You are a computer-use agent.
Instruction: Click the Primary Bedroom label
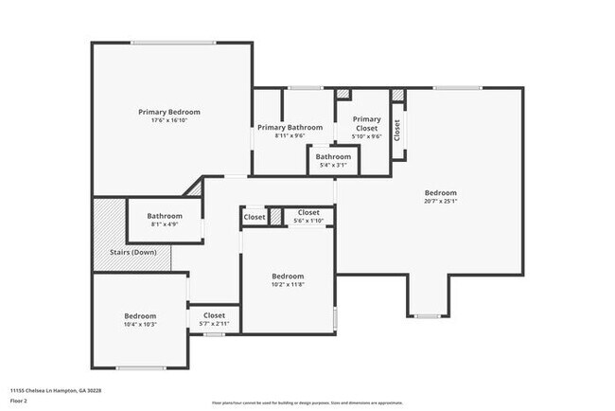169,112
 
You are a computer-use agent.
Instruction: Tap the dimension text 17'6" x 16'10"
169,120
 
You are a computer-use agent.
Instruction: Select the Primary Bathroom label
290,127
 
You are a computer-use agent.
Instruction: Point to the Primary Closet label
367,123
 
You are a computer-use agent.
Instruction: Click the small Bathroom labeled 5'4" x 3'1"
333,156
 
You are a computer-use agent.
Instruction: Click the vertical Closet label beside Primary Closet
397,130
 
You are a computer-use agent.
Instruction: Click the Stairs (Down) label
132,252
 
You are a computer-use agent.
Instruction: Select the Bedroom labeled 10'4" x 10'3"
140,315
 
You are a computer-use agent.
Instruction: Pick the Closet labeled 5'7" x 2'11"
214,315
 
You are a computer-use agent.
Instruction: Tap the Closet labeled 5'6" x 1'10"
308,212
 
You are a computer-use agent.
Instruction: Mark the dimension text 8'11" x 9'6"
290,135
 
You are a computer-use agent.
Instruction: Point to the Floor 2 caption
20,400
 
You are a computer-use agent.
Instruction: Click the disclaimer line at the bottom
307,402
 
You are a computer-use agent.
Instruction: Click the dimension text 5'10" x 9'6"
367,135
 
